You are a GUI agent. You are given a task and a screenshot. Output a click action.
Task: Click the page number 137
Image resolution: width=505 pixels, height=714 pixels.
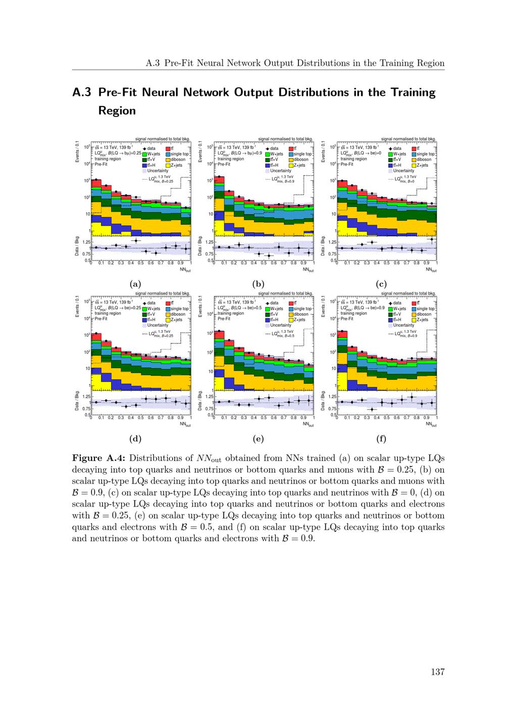point(437,672)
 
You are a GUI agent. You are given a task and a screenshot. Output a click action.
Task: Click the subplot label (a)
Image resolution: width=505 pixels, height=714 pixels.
point(135,284)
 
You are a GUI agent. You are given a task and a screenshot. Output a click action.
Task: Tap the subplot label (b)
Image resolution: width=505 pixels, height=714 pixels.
point(258,284)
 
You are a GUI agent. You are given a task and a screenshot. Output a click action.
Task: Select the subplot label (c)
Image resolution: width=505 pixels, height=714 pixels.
point(381,284)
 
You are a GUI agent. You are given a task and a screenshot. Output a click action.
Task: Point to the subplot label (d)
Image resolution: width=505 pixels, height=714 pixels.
point(135,438)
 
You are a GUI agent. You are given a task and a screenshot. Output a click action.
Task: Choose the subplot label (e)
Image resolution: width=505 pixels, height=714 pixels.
point(258,438)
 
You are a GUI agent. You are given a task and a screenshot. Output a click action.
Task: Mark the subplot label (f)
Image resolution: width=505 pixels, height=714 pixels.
point(381,438)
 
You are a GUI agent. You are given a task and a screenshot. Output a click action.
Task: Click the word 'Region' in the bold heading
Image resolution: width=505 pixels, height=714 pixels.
point(117,111)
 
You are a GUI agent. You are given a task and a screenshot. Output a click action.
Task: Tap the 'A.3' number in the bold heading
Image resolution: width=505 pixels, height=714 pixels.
point(82,92)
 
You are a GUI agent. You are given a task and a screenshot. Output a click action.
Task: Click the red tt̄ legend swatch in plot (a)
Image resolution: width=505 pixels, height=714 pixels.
point(168,148)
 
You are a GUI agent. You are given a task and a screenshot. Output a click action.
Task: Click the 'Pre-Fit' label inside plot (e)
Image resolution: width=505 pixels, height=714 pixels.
point(224,319)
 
